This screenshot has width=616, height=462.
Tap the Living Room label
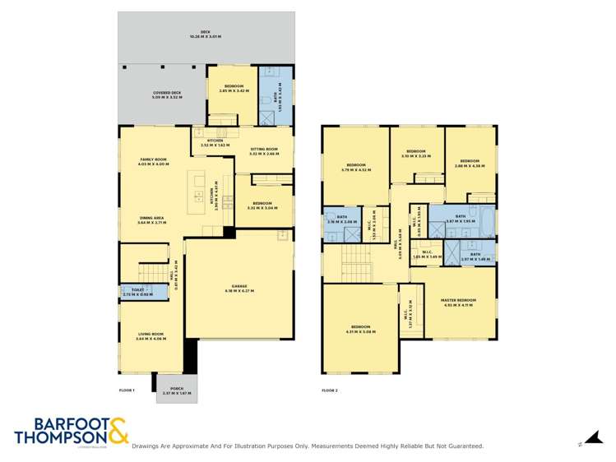[151, 335]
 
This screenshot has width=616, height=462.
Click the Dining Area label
[152, 219]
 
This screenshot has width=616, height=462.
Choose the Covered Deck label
[167, 95]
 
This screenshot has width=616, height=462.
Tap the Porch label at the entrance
[176, 390]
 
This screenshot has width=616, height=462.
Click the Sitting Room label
[264, 151]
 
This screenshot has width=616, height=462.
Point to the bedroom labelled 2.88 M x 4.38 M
[470, 163]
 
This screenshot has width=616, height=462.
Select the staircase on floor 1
[151, 272]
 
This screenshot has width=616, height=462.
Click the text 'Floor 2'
[330, 390]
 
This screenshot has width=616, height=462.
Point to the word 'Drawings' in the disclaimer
[148, 446]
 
